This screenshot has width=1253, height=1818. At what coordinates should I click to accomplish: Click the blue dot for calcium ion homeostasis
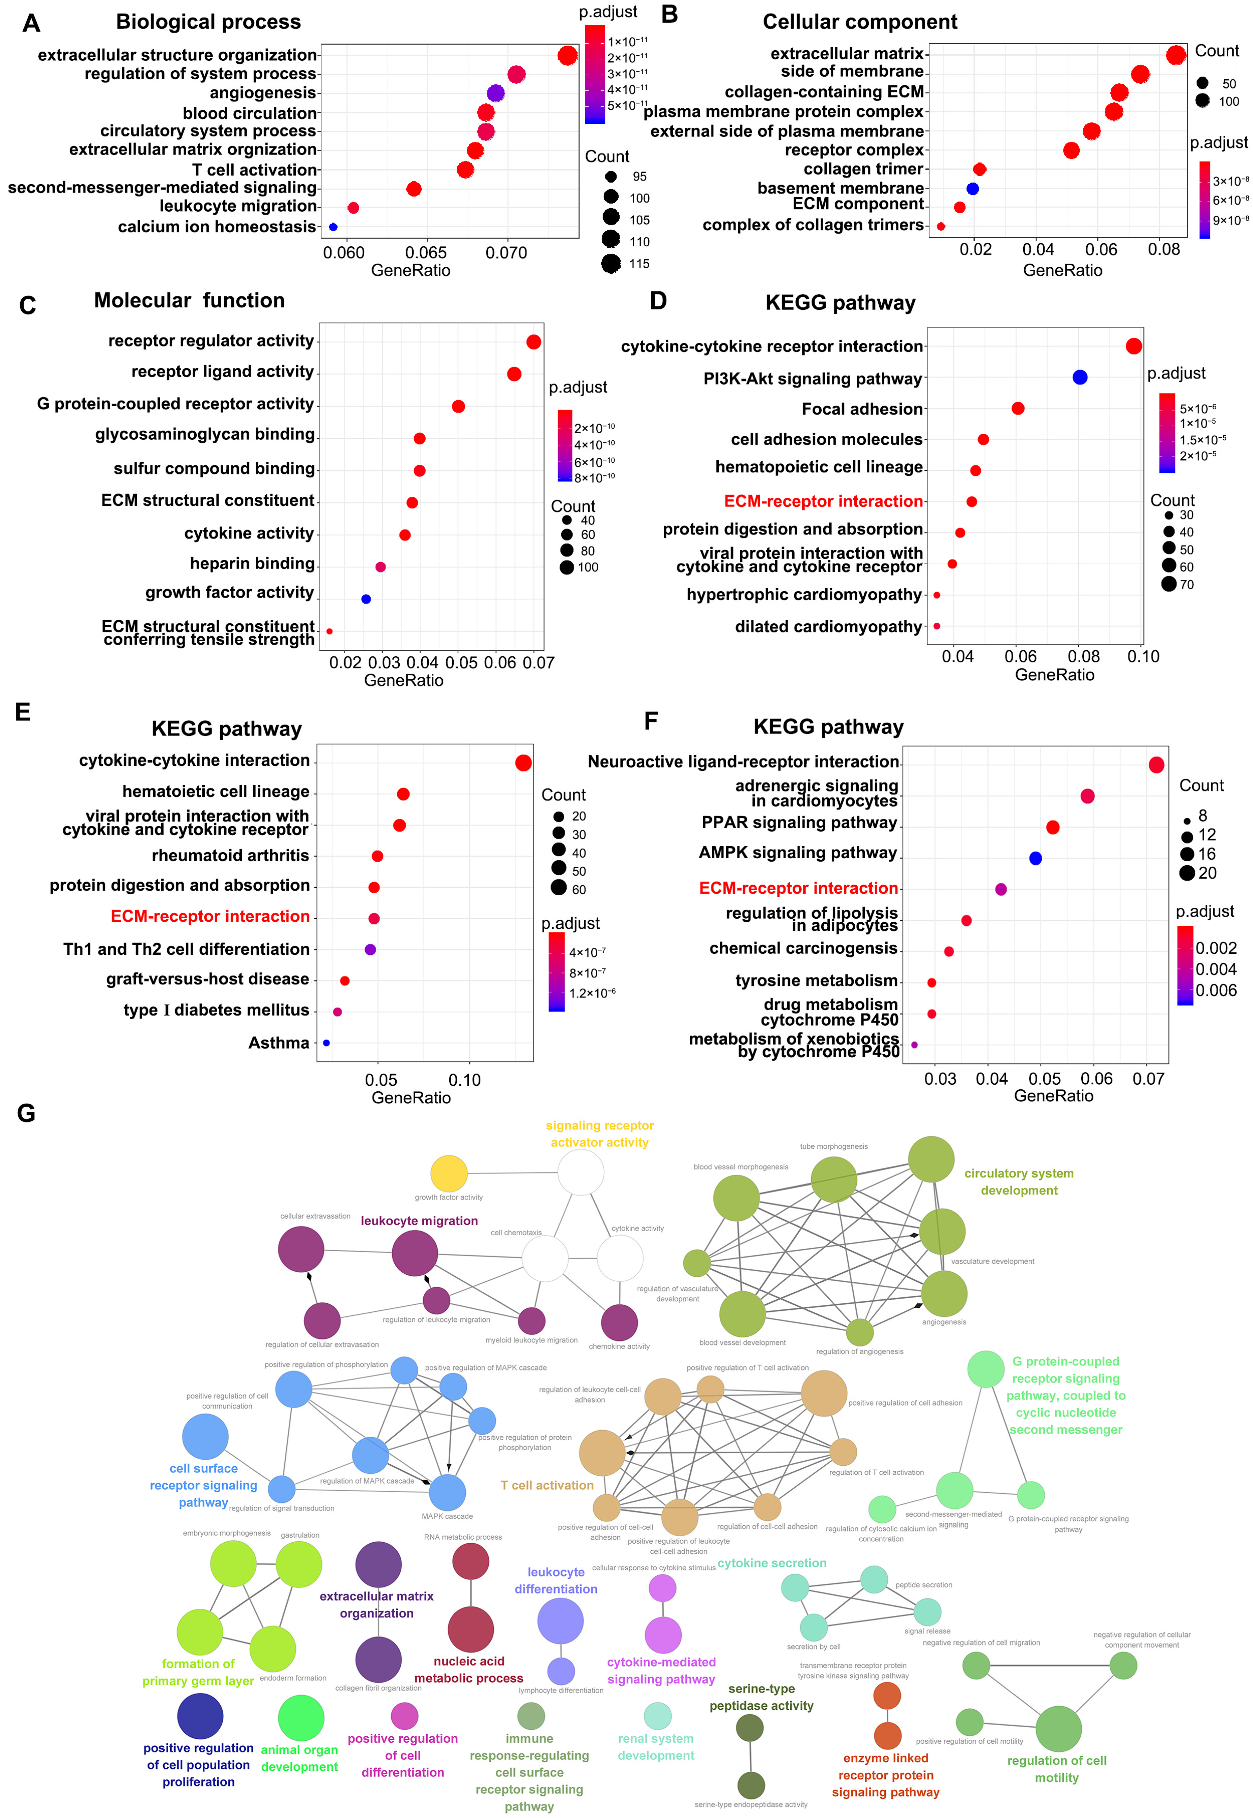click(333, 227)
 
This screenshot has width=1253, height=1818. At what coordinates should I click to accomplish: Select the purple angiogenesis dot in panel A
click(495, 93)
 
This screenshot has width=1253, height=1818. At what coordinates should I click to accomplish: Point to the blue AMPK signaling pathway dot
click(1035, 858)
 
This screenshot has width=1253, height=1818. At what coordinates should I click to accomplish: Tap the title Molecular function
click(189, 301)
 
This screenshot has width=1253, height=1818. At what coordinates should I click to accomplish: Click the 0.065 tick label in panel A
click(426, 253)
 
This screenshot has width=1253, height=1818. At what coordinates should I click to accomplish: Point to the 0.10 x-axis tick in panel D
click(1143, 656)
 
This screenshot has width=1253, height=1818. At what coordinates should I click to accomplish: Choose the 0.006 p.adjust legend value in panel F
click(1216, 990)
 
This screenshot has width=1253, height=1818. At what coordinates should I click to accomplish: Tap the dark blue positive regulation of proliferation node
click(200, 1716)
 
